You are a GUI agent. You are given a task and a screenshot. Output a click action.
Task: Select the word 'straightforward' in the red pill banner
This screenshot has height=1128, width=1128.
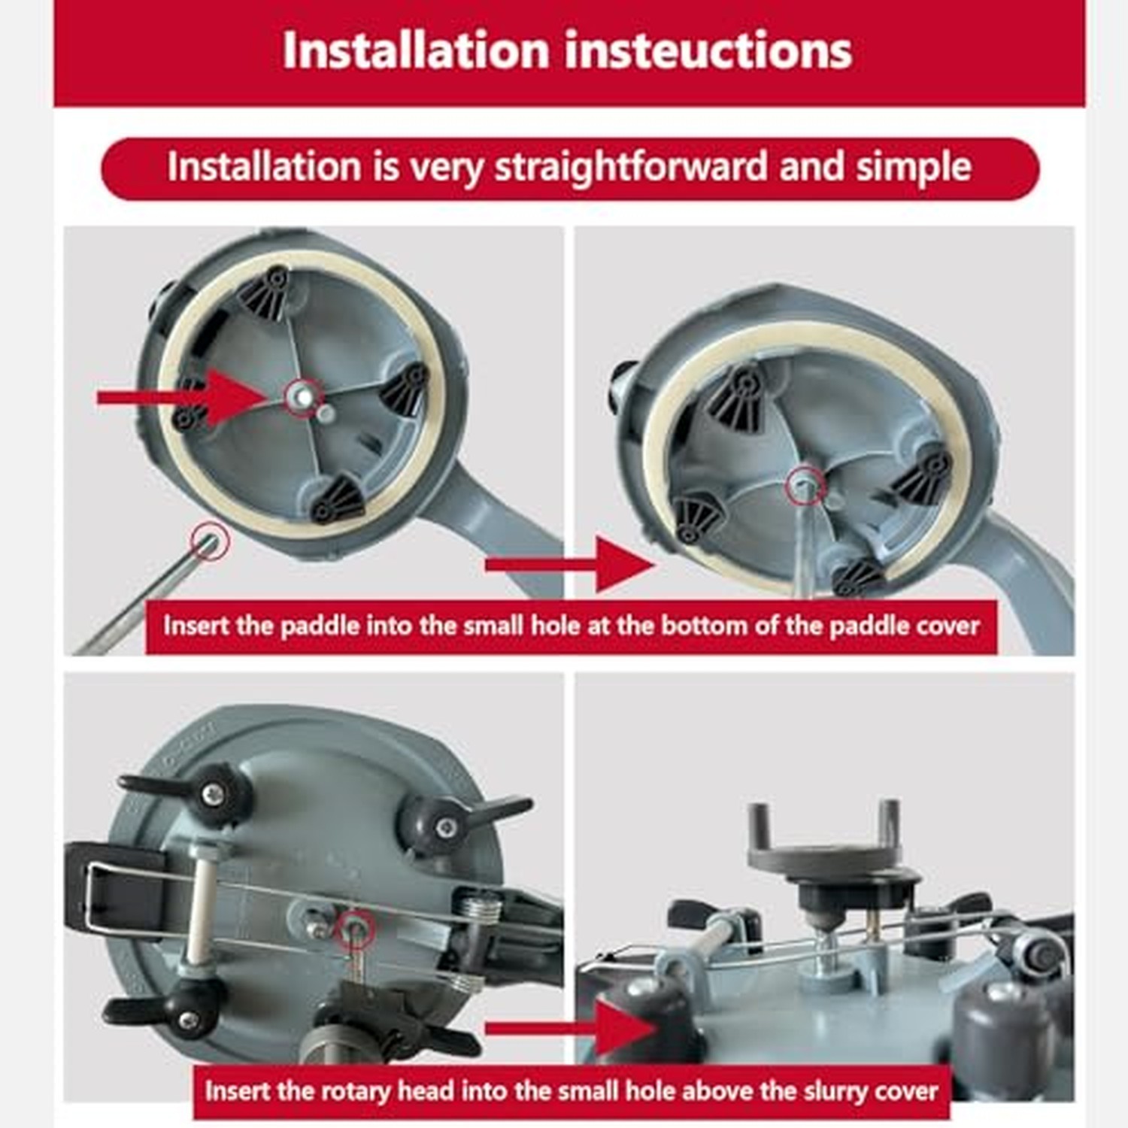click(x=631, y=166)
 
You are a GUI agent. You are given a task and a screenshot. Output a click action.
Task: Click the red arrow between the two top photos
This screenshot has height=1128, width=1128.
click(x=571, y=564)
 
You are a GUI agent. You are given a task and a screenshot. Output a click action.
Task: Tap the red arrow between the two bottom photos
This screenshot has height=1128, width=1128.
click(x=571, y=1028)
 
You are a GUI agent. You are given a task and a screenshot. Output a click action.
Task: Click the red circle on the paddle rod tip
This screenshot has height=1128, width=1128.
click(x=210, y=541)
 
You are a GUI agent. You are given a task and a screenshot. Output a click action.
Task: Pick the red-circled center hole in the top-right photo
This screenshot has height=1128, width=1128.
click(x=805, y=487)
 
